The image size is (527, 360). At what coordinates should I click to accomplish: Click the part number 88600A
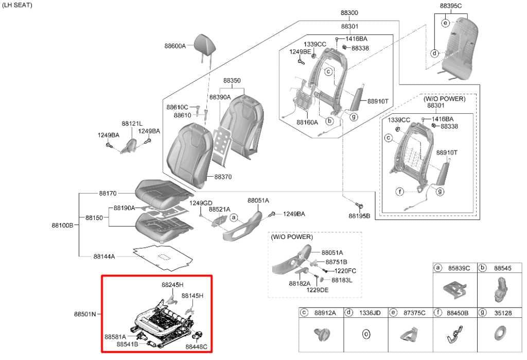pyautogui.click(x=175, y=46)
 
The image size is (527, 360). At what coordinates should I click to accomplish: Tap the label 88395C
pyautogui.click(x=450, y=6)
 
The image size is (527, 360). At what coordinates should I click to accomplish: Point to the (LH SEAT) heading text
pyautogui.click(x=17, y=5)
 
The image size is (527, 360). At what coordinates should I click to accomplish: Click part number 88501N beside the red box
pyautogui.click(x=85, y=314)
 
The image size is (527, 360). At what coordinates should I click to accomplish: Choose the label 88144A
pyautogui.click(x=104, y=256)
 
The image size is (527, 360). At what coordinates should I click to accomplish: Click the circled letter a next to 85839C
pyautogui.click(x=437, y=268)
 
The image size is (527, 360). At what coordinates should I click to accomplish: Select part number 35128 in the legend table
pyautogui.click(x=503, y=313)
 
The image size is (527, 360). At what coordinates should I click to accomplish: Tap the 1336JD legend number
pyautogui.click(x=370, y=313)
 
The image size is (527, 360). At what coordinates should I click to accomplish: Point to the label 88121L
pyautogui.click(x=132, y=124)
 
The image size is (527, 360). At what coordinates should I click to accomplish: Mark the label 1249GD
pyautogui.click(x=201, y=203)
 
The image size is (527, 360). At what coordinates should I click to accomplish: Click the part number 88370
pyautogui.click(x=223, y=177)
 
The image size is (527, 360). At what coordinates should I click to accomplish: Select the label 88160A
pyautogui.click(x=307, y=123)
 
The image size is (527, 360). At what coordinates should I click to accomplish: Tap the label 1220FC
pyautogui.click(x=345, y=271)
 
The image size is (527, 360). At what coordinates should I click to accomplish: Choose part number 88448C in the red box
pyautogui.click(x=196, y=347)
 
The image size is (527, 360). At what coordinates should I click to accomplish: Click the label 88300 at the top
pyautogui.click(x=349, y=13)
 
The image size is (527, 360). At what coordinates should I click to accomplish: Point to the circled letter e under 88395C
pyautogui.click(x=445, y=23)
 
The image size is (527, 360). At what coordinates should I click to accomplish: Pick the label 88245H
pyautogui.click(x=172, y=285)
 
